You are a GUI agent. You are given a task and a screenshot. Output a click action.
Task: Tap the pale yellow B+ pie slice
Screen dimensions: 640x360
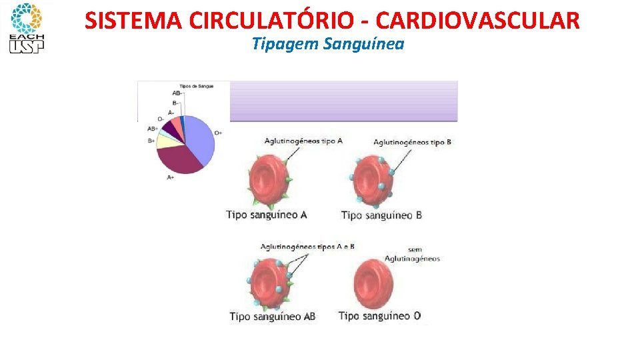165,140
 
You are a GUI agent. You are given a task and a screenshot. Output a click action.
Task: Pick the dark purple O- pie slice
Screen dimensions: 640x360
172,126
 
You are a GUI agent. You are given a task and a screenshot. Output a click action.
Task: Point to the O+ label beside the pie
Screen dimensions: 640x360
218,133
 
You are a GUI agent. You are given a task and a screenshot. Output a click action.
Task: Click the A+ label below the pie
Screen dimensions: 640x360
171,178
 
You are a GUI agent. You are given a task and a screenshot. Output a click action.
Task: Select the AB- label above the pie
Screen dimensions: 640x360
177,93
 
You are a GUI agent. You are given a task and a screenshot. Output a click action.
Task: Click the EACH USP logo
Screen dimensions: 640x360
25,28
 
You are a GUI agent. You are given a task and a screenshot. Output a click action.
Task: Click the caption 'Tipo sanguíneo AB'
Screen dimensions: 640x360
272,317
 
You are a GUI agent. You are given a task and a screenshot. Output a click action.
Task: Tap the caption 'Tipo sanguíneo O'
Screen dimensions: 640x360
379,316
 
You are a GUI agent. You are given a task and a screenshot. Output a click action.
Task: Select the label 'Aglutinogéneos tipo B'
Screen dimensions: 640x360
412,142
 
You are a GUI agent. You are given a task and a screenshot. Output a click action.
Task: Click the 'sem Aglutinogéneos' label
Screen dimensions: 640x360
413,255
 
